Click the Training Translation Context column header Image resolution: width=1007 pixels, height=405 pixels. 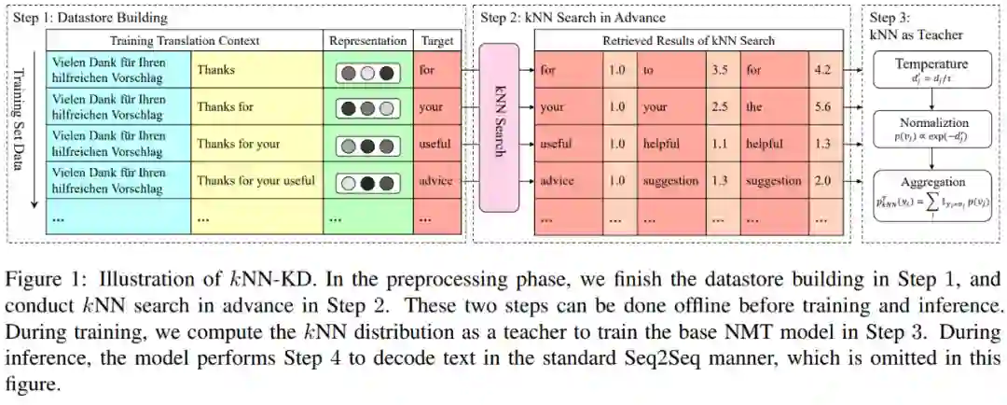(185, 41)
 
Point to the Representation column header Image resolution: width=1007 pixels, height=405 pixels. (368, 41)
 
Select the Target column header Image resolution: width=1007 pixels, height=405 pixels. (437, 41)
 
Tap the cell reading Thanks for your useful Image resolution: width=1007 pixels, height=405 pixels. (256, 181)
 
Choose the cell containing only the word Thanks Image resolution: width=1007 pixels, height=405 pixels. (215, 69)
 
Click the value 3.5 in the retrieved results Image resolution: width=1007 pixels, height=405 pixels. (719, 69)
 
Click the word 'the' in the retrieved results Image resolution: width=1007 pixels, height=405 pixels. (753, 106)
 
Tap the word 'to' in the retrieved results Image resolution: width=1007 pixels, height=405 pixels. (648, 69)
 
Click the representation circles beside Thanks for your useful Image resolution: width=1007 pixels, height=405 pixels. (368, 181)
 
